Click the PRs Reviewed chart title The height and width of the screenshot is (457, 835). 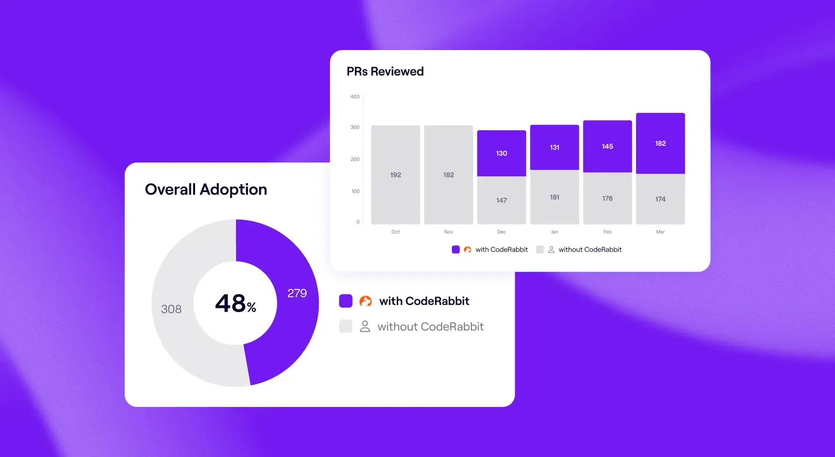coord(385,71)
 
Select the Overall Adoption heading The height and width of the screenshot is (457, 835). coord(206,189)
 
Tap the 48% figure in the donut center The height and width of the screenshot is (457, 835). coord(235,303)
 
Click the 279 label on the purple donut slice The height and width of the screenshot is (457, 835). coord(297,293)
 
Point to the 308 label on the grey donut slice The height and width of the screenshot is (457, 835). coord(171,309)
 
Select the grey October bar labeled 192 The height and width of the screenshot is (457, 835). coord(395,175)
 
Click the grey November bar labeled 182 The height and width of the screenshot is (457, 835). coord(448,175)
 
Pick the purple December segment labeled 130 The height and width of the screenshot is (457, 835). coord(502,153)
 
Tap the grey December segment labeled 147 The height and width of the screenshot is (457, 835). coord(502,200)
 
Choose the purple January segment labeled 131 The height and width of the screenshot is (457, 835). coord(554,147)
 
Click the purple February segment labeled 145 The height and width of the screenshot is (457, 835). coord(607,146)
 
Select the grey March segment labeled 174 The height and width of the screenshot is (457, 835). coord(660,199)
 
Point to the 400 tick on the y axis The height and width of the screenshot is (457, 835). coord(355,97)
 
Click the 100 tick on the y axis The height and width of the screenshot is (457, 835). coord(355,191)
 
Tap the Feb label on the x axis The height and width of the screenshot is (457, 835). coord(607,232)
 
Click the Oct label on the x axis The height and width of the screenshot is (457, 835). coord(395,232)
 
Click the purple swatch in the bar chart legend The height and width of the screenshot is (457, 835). coord(456,250)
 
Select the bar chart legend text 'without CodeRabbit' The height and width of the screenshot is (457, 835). coord(590,250)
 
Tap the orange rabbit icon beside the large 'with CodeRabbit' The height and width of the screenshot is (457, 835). coord(366,301)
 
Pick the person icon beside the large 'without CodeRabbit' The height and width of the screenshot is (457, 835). coord(365,327)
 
